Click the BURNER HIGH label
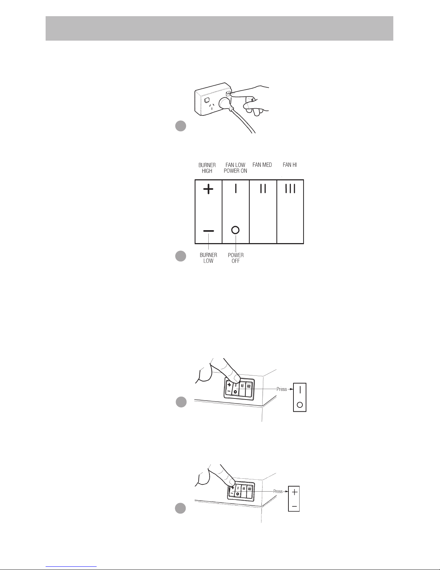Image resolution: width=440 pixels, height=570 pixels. [207, 168]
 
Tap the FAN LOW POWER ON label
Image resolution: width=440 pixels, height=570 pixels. [235, 168]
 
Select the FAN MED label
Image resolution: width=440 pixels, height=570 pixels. [262, 165]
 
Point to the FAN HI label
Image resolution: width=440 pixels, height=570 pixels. [290, 165]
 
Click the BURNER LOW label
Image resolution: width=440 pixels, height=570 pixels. [208, 258]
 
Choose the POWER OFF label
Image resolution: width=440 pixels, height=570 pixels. [236, 258]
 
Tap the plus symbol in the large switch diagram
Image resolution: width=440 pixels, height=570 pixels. [208, 189]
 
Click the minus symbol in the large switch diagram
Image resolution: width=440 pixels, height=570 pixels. [208, 231]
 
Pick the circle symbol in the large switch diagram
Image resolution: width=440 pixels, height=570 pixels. [236, 230]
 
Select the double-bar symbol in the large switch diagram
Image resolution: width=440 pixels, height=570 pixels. [263, 188]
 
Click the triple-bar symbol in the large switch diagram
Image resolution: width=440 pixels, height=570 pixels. [290, 188]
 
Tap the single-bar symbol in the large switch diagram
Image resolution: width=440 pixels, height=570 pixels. [236, 188]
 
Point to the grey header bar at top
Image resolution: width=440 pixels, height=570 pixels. [219, 28]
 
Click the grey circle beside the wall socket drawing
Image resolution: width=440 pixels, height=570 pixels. [180, 126]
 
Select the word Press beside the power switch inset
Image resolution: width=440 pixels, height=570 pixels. [282, 389]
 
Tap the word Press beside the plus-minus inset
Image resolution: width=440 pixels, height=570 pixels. [278, 491]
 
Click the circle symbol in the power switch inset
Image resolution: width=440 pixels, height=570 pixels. [300, 405]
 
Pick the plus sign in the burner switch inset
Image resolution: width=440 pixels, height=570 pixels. [295, 492]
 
